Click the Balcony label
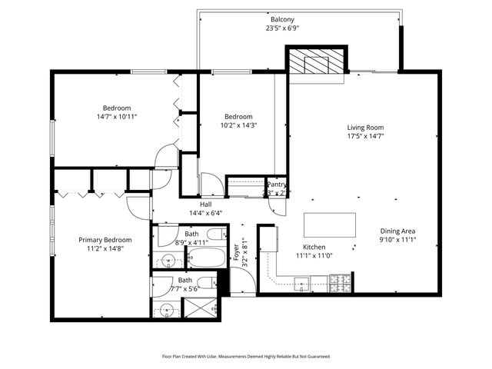coord(282,19)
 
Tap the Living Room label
coord(365,128)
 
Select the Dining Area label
coord(397,231)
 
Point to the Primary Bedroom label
coord(105,240)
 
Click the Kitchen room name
coord(314,247)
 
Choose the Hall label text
coord(205,204)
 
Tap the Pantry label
coord(277,184)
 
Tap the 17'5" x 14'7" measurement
coord(365,136)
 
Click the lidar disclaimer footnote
coord(245,356)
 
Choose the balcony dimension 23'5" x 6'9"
coord(282,28)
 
